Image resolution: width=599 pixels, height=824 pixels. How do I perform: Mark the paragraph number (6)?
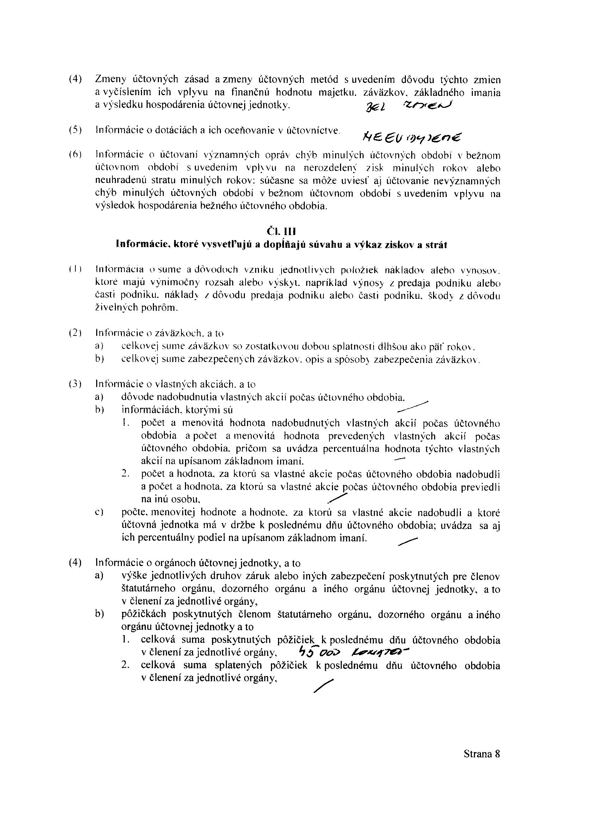[75, 155]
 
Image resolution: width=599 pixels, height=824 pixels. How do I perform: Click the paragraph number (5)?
[75, 130]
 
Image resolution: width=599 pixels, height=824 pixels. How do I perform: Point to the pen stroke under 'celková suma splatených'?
[323, 685]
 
